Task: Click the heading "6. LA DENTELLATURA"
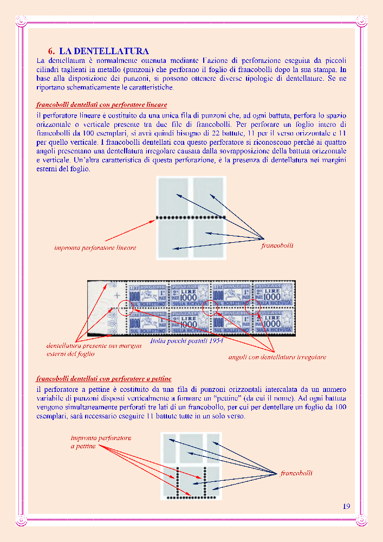point(98,50)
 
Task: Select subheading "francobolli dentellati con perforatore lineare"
point(101,104)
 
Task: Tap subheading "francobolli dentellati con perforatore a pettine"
point(103,378)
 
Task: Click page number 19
point(346,506)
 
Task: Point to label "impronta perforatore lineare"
point(95,248)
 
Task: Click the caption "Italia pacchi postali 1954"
point(187,341)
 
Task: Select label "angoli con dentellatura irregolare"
point(277,357)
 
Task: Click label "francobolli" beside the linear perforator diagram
point(277,246)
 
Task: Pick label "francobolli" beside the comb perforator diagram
point(296,473)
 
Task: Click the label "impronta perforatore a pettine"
point(100,442)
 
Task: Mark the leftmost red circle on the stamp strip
point(125,308)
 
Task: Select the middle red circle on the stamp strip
point(210,307)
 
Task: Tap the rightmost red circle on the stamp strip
point(252,307)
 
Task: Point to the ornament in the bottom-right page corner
point(361,521)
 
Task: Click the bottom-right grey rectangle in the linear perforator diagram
point(209,238)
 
